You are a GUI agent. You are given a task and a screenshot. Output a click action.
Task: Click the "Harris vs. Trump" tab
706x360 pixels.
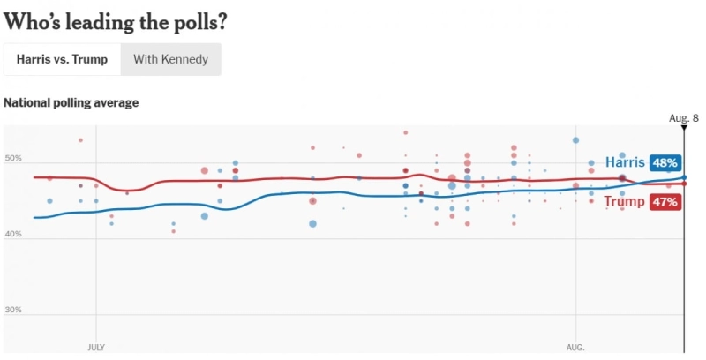(62, 59)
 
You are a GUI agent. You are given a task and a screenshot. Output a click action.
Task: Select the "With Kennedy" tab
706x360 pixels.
(171, 59)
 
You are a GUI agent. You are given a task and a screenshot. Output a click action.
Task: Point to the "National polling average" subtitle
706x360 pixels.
(71, 102)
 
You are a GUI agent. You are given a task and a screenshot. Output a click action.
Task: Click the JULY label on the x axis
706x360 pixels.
(96, 348)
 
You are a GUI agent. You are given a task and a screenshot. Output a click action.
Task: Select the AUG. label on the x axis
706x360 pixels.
(575, 348)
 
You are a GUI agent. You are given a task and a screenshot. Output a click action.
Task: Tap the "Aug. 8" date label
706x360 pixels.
(683, 117)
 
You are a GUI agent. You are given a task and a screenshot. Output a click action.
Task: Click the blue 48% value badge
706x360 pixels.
(665, 162)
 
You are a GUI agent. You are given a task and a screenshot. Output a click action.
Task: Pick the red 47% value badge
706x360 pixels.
(665, 202)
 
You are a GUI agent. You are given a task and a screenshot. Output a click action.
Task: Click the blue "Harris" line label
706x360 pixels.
(625, 162)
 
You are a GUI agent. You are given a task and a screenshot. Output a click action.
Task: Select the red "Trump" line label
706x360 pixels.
(624, 202)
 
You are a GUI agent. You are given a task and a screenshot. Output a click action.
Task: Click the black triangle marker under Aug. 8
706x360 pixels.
(684, 128)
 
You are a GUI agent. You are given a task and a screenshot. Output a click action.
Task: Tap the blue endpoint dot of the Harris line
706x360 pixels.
(684, 177)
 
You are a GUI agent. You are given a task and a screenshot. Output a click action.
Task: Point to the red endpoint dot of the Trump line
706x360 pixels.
(684, 184)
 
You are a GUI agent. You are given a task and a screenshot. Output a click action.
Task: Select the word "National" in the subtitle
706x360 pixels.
(26, 102)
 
